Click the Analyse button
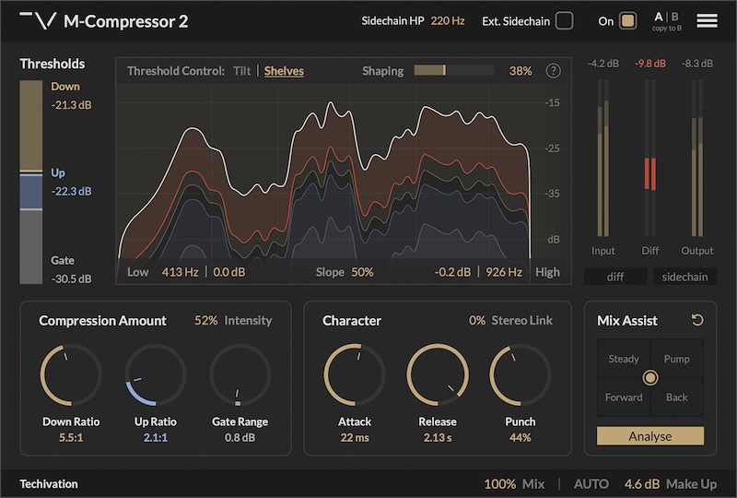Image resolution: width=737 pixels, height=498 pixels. (x=650, y=436)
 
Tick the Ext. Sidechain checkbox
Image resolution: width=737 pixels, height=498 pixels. (x=565, y=20)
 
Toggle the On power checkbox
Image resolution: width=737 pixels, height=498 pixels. (x=628, y=20)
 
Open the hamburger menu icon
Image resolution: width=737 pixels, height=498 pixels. (x=707, y=20)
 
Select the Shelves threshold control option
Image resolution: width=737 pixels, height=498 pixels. (x=284, y=71)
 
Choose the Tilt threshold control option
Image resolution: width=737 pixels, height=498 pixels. (x=242, y=71)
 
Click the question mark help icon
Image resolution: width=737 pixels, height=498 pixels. (x=554, y=71)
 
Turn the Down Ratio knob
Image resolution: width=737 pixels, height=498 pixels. (x=71, y=374)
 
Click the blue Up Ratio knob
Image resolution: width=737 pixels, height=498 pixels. (x=156, y=374)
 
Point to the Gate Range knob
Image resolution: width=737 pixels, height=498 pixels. (x=240, y=374)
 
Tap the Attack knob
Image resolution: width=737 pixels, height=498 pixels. (x=355, y=374)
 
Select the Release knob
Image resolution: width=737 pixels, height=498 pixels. (x=438, y=374)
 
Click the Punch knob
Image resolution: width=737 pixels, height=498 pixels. (x=521, y=374)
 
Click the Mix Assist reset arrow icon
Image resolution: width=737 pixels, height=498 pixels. (x=697, y=320)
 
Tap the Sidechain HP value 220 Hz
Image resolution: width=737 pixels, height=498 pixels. (x=448, y=21)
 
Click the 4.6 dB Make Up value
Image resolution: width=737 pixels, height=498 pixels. (x=641, y=484)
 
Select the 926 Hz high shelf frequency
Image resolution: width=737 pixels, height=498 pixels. (x=504, y=272)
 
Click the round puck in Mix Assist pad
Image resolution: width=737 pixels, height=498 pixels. (x=650, y=377)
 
